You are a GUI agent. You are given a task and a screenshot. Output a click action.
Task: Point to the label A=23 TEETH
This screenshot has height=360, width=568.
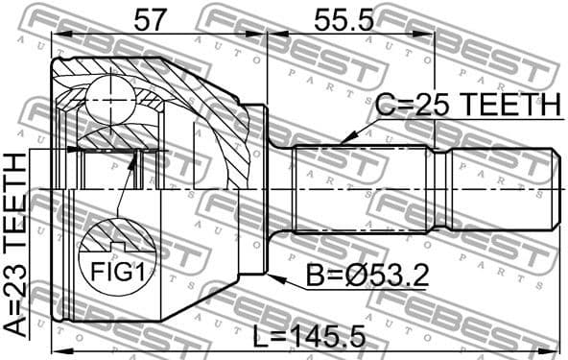point(17,247)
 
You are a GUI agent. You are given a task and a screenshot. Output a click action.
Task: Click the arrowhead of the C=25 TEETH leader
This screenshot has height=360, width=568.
point(343,142)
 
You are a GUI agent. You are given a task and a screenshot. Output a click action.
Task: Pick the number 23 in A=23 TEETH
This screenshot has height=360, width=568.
point(17,288)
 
